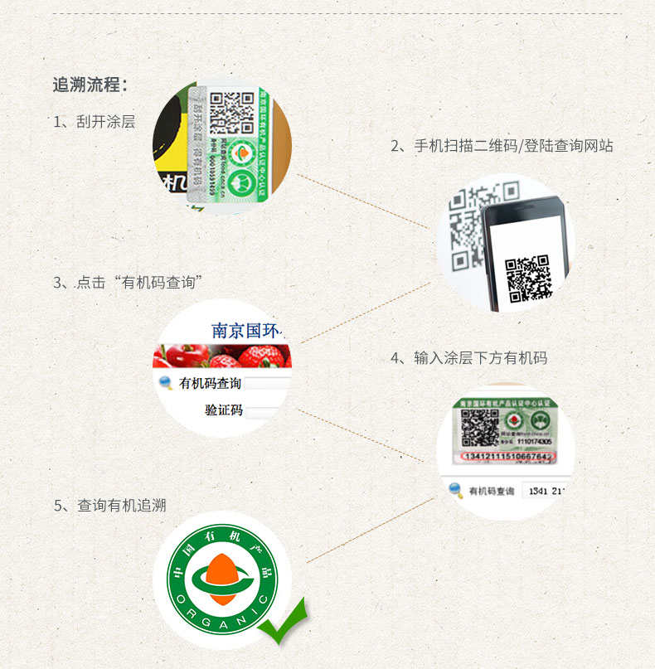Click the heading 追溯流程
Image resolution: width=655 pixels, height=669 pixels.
pyautogui.click(x=90, y=85)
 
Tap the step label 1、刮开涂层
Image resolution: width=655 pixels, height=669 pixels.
pyautogui.click(x=94, y=122)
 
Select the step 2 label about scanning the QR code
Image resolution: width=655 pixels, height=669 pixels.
pyautogui.click(x=502, y=146)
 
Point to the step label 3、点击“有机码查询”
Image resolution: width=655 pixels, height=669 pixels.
pyautogui.click(x=129, y=282)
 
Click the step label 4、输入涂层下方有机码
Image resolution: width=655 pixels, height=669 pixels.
pyautogui.click(x=468, y=358)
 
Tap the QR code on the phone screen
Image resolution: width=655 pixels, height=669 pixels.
pyautogui.click(x=528, y=279)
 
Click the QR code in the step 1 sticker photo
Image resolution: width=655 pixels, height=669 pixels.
pyautogui.click(x=231, y=113)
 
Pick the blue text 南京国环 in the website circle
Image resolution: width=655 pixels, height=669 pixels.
pyautogui.click(x=248, y=331)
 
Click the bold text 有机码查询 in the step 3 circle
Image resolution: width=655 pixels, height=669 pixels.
pyautogui.click(x=210, y=383)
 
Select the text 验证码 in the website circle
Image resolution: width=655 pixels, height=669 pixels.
pyautogui.click(x=224, y=410)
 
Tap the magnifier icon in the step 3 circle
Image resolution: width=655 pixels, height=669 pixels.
pyautogui.click(x=164, y=383)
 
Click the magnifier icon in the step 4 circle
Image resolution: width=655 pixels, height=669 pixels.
pyautogui.click(x=455, y=491)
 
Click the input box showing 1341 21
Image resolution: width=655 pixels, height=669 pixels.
pyautogui.click(x=546, y=491)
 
